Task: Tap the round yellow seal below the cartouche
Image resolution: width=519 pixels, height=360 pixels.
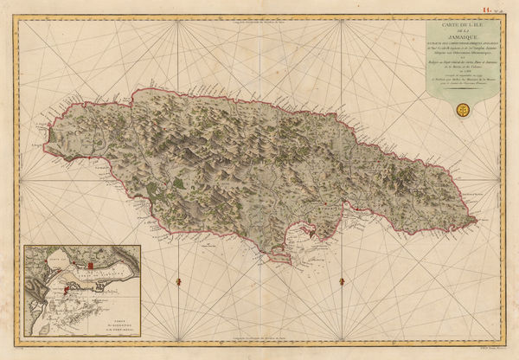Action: click(463, 110)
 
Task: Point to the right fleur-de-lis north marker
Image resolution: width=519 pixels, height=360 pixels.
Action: click(343, 280)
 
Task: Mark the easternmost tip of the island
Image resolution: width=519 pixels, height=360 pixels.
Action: click(477, 221)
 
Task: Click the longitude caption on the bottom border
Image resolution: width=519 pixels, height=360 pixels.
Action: click(259, 350)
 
